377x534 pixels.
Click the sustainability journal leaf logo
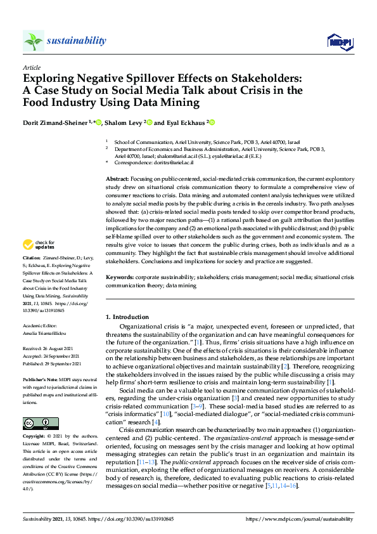tap(34, 41)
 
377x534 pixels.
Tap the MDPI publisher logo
tap(339, 42)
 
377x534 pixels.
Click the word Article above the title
tap(31, 67)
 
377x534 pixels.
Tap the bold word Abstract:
tap(117, 180)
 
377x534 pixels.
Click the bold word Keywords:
tap(120, 277)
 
